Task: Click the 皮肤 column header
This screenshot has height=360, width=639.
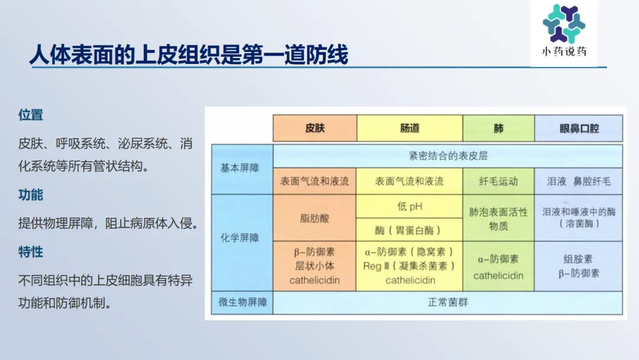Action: (315, 128)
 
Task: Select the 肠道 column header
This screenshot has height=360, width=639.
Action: (409, 128)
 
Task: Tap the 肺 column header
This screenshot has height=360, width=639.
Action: (498, 128)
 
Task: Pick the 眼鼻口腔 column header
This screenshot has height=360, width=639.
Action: (579, 128)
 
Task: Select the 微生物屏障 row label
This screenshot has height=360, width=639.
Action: (242, 303)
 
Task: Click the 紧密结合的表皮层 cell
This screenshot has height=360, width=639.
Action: (448, 156)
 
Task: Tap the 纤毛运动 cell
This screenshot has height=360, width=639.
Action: (498, 181)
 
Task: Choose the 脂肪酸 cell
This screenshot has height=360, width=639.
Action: (315, 218)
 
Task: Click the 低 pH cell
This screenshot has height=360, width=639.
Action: (409, 206)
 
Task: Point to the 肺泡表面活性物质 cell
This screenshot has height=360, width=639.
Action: (498, 218)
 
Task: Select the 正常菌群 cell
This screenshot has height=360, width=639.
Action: (448, 303)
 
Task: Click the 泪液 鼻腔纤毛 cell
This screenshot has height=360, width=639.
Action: (579, 181)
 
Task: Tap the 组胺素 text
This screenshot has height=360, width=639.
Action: (578, 259)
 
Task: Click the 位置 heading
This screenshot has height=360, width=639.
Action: (31, 115)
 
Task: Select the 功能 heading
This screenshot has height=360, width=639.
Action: (31, 195)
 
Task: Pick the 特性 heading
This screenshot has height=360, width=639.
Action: (31, 252)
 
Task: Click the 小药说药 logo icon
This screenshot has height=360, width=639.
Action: (564, 24)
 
